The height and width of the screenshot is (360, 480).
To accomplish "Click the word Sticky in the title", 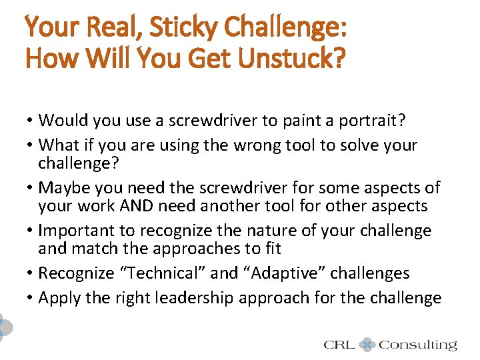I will coord(181,27).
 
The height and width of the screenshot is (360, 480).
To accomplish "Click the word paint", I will coord(309,120).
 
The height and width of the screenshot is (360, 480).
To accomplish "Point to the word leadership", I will coord(186,298).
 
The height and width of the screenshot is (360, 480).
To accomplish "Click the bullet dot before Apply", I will coord(31,298).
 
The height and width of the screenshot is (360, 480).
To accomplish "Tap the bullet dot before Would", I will coord(31,121).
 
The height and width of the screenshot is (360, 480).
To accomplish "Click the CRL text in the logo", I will coord(339,345).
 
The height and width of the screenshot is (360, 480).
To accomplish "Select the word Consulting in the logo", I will coord(417,345).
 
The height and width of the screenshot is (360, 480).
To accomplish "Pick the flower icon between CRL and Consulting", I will coord(367,345).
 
